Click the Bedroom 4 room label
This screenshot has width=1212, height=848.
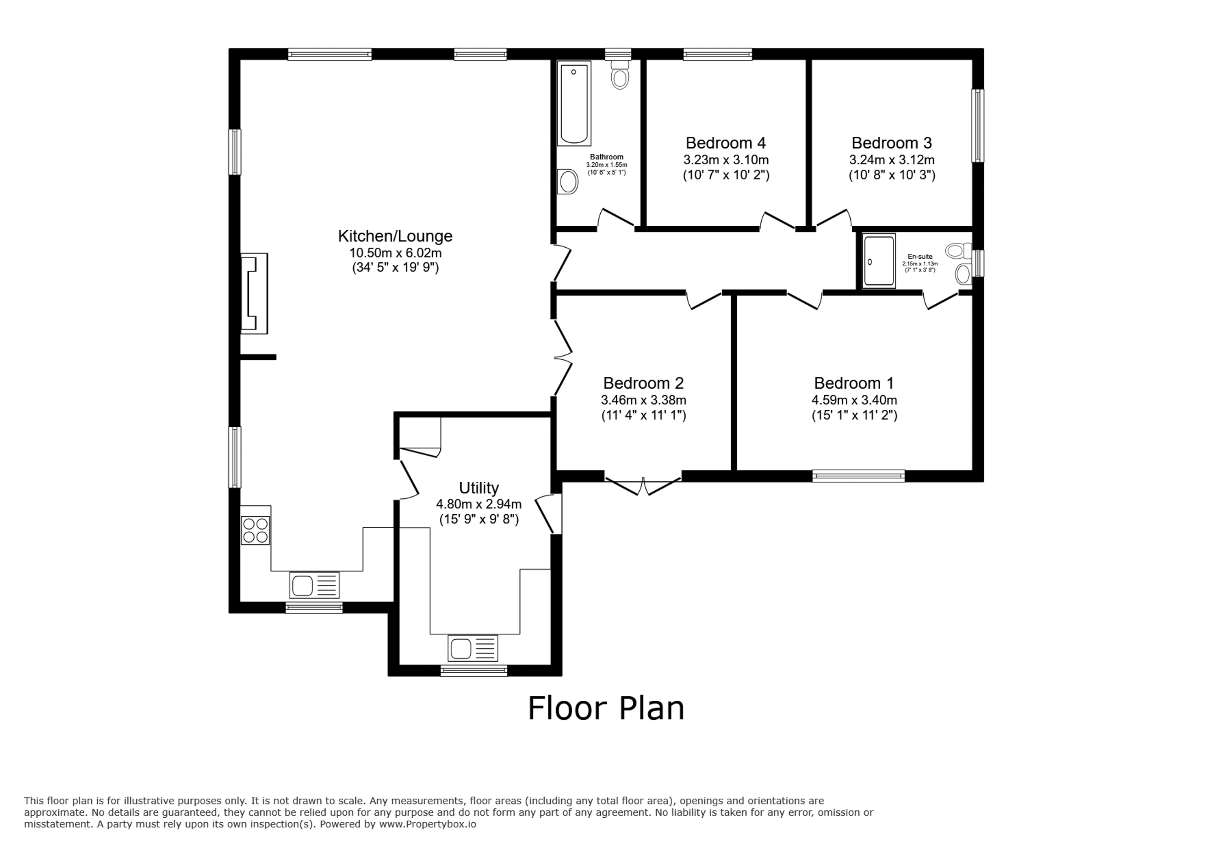pos(725,143)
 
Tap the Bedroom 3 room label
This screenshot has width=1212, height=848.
pos(892,143)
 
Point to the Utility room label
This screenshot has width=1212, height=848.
pos(479,488)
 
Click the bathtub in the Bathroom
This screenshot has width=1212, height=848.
pos(574,103)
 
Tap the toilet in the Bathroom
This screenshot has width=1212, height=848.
pos(620,75)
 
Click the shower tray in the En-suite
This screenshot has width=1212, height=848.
pos(879,261)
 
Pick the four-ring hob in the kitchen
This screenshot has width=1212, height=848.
pos(256,530)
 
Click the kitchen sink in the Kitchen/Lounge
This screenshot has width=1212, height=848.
pos(314,586)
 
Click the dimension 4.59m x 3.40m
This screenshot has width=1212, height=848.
pos(854,400)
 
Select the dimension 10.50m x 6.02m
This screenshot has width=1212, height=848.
pos(395,253)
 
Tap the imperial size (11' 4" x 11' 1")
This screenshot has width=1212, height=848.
pos(643,415)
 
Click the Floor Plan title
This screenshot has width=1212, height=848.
pos(606,708)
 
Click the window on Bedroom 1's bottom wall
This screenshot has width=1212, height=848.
pos(858,476)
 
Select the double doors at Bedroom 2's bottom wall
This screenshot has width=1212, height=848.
pos(643,483)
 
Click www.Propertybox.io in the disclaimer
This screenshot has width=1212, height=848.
pos(428,824)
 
